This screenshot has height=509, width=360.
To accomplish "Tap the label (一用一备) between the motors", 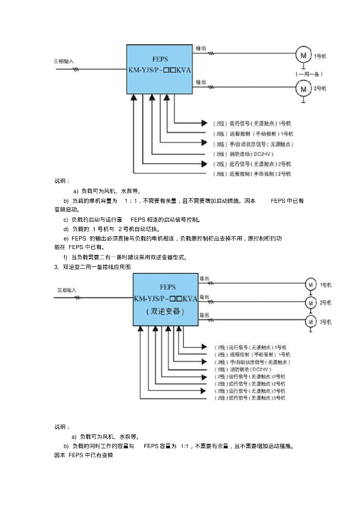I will (x=309, y=74).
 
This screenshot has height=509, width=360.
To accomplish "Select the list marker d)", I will (x=66, y=229).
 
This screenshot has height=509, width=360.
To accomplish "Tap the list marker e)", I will (x=66, y=239).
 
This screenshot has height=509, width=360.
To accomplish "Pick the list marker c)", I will (x=66, y=219).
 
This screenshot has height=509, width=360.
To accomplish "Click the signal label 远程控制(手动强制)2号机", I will (x=252, y=174).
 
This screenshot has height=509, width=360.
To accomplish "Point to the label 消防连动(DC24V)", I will (x=252, y=154).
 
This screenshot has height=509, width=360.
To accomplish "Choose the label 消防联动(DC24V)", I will (x=243, y=370).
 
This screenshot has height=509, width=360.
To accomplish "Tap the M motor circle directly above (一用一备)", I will (x=303, y=53).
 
